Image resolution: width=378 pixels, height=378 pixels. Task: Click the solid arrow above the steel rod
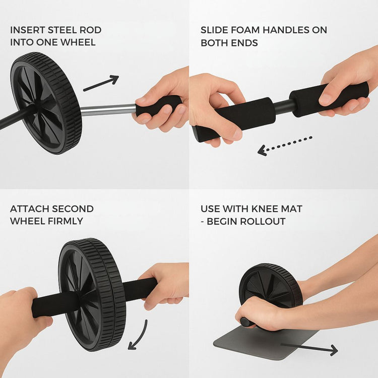pos(101,83)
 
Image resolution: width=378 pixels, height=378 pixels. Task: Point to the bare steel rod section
pos(108,109)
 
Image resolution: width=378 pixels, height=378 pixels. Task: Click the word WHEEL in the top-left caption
pos(78,42)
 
